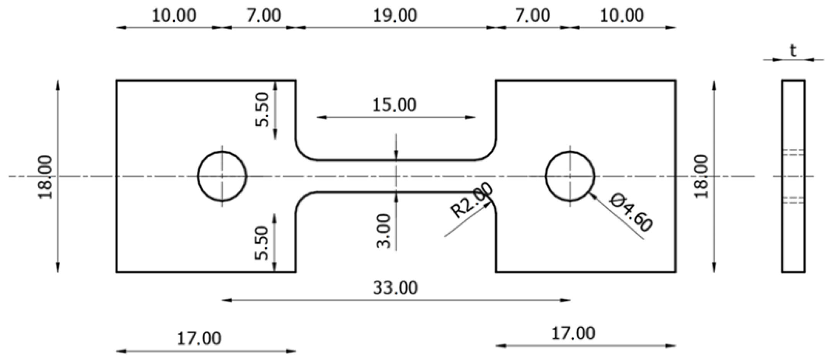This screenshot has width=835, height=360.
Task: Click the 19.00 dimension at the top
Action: [395, 16]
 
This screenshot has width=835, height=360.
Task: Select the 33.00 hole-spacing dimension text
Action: [395, 288]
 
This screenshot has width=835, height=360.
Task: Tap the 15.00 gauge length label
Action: [394, 105]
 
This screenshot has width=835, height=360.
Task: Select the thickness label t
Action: [793, 51]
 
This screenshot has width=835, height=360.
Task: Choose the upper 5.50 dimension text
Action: [263, 110]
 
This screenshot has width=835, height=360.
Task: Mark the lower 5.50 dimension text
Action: [263, 243]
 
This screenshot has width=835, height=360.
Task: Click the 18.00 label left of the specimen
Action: [46, 177]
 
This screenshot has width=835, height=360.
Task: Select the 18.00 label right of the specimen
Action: [701, 177]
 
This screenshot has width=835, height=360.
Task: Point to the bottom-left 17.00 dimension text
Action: [199, 339]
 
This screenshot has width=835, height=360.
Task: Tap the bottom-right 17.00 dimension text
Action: [573, 334]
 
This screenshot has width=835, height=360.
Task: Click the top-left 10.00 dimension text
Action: [174, 16]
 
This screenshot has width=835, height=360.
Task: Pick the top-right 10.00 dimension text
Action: [622, 16]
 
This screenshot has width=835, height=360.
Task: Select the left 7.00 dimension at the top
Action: [264, 16]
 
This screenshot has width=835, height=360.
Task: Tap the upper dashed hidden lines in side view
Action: [793, 152]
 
